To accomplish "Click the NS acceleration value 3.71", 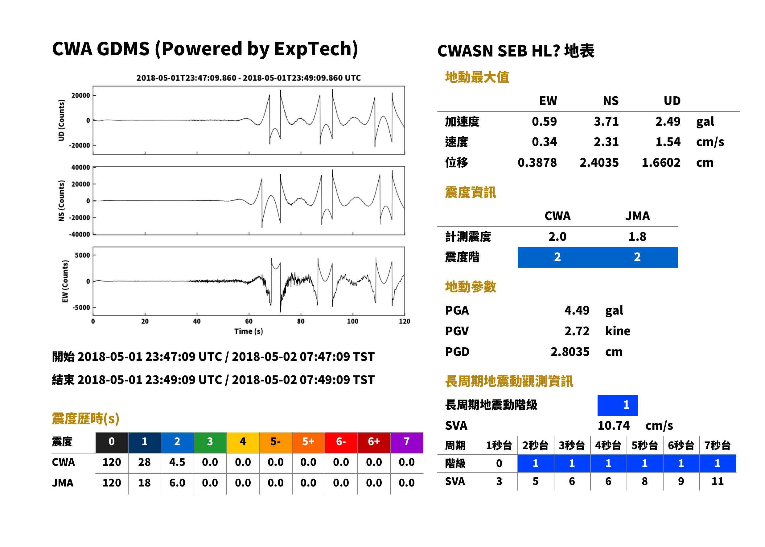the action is tap(606, 122).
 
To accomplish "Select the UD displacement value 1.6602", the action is tap(661, 163).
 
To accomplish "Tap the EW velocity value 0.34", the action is tap(544, 142).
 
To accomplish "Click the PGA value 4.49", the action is tap(577, 310).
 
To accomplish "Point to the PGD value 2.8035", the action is tap(570, 352).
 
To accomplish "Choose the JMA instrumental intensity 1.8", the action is tap(637, 237).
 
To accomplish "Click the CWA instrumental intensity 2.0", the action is tap(557, 237).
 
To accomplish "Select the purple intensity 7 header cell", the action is tap(407, 442).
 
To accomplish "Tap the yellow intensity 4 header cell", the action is tap(243, 442).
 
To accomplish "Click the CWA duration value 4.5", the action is tap(177, 462).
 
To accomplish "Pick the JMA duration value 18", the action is tap(144, 483).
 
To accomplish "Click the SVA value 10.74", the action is tap(613, 425).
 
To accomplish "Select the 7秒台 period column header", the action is tap(717, 445).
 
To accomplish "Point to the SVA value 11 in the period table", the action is tap(717, 481).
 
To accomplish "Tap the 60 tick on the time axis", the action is tap(249, 321).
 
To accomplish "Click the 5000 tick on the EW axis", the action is tap(82, 255).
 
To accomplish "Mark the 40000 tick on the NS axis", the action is tap(80, 167).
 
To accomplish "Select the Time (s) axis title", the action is tap(249, 332).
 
